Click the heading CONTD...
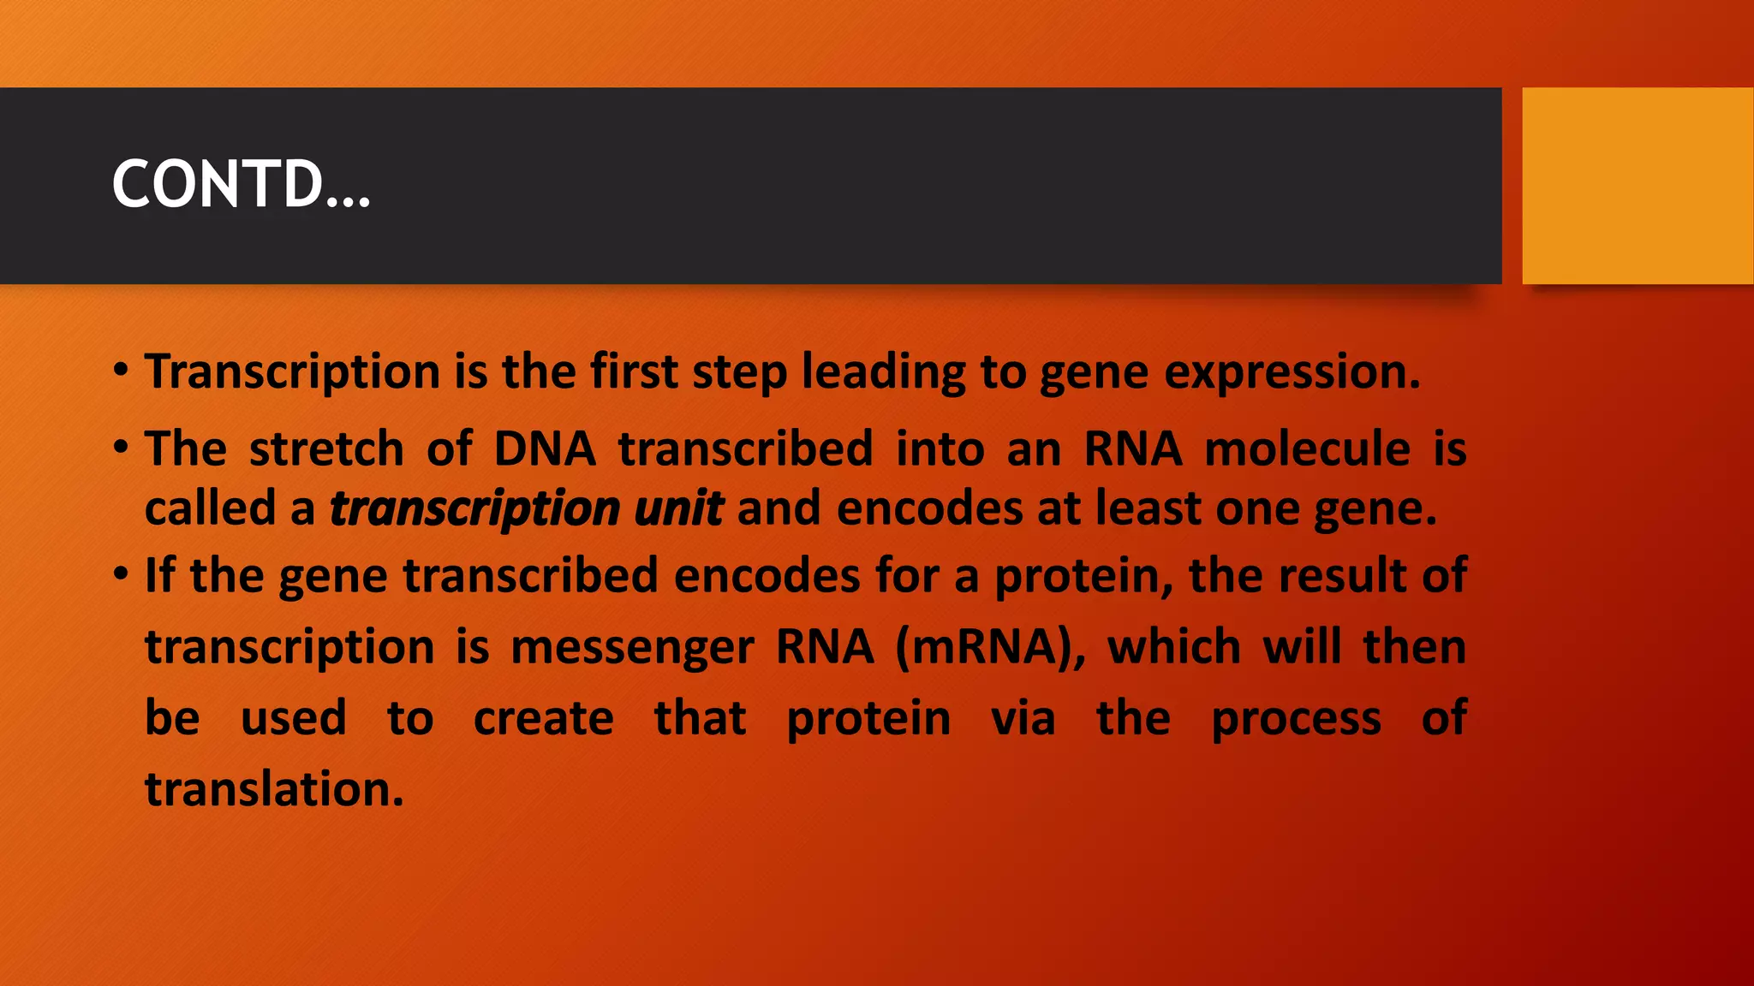pyautogui.click(x=241, y=185)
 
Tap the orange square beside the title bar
pyautogui.click(x=1637, y=186)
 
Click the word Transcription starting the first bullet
pyautogui.click(x=292, y=373)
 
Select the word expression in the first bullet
pyautogui.click(x=1291, y=373)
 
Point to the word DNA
pyautogui.click(x=545, y=448)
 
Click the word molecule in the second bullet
pyautogui.click(x=1307, y=448)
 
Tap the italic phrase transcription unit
pyautogui.click(x=527, y=509)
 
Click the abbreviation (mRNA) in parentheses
pyautogui.click(x=990, y=647)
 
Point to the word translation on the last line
pyautogui.click(x=273, y=788)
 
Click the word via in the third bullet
pyautogui.click(x=1023, y=718)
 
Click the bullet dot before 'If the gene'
pyautogui.click(x=121, y=573)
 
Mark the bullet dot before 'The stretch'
pyautogui.click(x=121, y=446)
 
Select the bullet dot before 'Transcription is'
pyautogui.click(x=121, y=370)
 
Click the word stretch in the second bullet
pyautogui.click(x=326, y=448)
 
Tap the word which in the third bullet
pyautogui.click(x=1174, y=647)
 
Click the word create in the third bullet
pyautogui.click(x=544, y=718)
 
